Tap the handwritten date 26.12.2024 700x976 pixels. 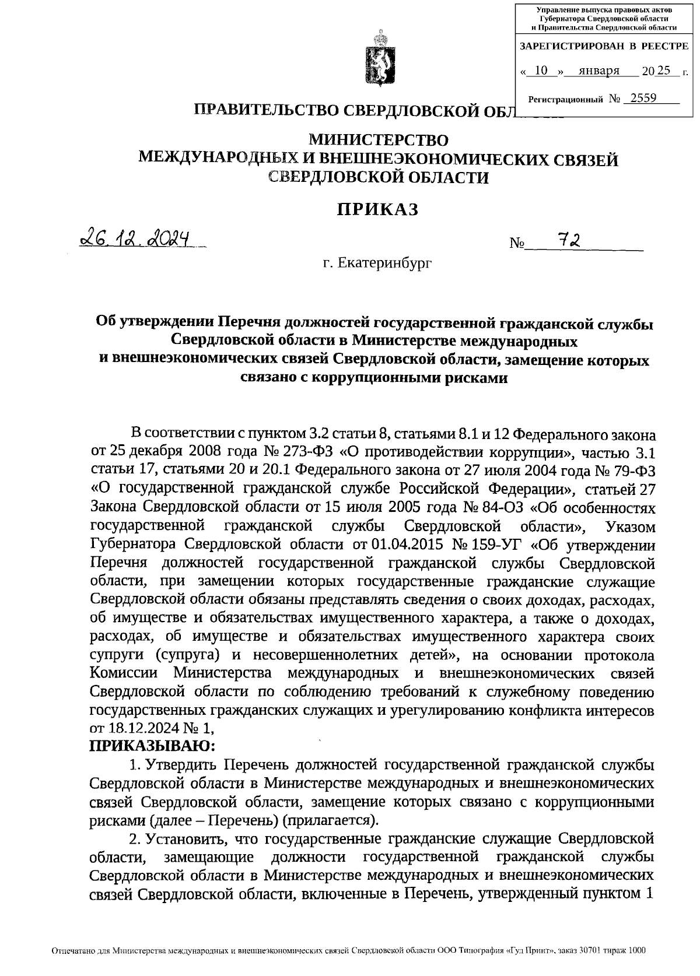click(x=136, y=238)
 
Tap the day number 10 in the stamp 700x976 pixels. click(x=541, y=71)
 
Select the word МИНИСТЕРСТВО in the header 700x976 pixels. click(x=378, y=140)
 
